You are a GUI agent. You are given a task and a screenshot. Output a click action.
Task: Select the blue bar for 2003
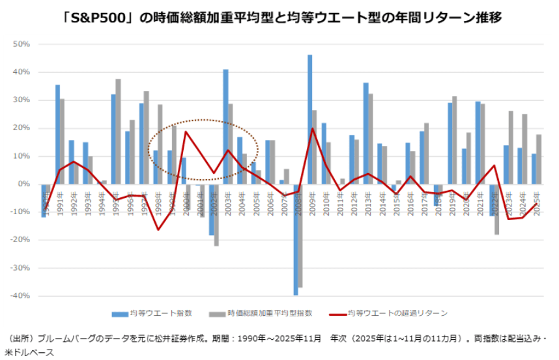[225, 126]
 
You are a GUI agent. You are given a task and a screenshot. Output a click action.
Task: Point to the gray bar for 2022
[496, 209]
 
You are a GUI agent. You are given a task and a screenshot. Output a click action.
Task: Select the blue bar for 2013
[365, 133]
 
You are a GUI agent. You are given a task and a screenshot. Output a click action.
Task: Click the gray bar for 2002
[216, 215]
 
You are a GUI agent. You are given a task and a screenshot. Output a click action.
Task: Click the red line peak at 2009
[313, 128]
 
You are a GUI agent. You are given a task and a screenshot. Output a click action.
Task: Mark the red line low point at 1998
[158, 229]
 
